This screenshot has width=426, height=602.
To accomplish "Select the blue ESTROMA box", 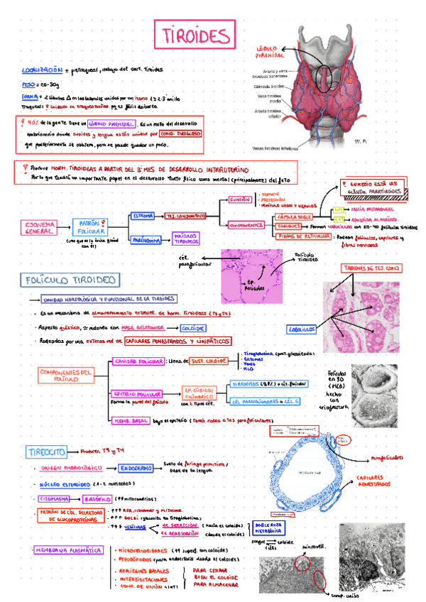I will (143, 216).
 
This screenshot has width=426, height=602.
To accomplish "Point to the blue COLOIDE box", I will (193, 329).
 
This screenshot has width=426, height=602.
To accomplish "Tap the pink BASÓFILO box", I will (98, 498).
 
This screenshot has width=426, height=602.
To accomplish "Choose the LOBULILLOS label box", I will (302, 329).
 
